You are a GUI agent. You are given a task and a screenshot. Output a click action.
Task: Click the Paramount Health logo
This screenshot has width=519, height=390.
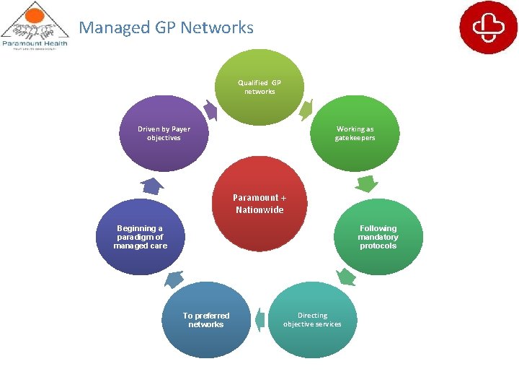tap(34, 26)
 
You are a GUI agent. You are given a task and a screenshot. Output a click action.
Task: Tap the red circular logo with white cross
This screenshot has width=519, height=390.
tap(488, 27)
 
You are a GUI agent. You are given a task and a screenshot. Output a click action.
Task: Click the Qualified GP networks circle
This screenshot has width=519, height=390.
tap(259, 87)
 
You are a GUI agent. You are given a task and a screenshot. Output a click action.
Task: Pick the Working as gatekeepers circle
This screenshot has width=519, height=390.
tap(355, 134)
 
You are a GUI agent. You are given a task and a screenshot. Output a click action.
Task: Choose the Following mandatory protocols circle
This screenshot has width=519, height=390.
tap(378, 237)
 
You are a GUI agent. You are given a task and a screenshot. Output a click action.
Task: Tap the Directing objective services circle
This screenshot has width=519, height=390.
tap(312, 320)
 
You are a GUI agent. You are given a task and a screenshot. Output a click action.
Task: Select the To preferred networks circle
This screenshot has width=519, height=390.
tap(206, 320)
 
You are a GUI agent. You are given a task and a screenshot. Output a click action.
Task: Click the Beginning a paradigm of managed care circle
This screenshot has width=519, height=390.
tap(140, 237)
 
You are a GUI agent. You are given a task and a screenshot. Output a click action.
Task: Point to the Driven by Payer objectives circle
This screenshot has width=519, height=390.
tap(164, 134)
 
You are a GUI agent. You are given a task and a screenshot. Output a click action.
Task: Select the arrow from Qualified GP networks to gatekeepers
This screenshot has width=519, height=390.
tap(305, 109)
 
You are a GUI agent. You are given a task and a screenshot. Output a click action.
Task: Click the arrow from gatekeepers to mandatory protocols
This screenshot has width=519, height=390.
tap(367, 184)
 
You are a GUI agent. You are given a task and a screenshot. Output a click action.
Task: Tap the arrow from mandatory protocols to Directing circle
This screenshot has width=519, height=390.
tap(347, 277)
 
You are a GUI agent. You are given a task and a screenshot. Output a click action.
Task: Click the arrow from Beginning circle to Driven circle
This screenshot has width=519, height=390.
tap(152, 185)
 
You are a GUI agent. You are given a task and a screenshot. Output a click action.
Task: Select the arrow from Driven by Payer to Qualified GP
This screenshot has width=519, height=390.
tap(210, 110)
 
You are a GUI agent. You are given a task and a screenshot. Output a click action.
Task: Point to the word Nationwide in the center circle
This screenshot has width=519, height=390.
tap(259, 210)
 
